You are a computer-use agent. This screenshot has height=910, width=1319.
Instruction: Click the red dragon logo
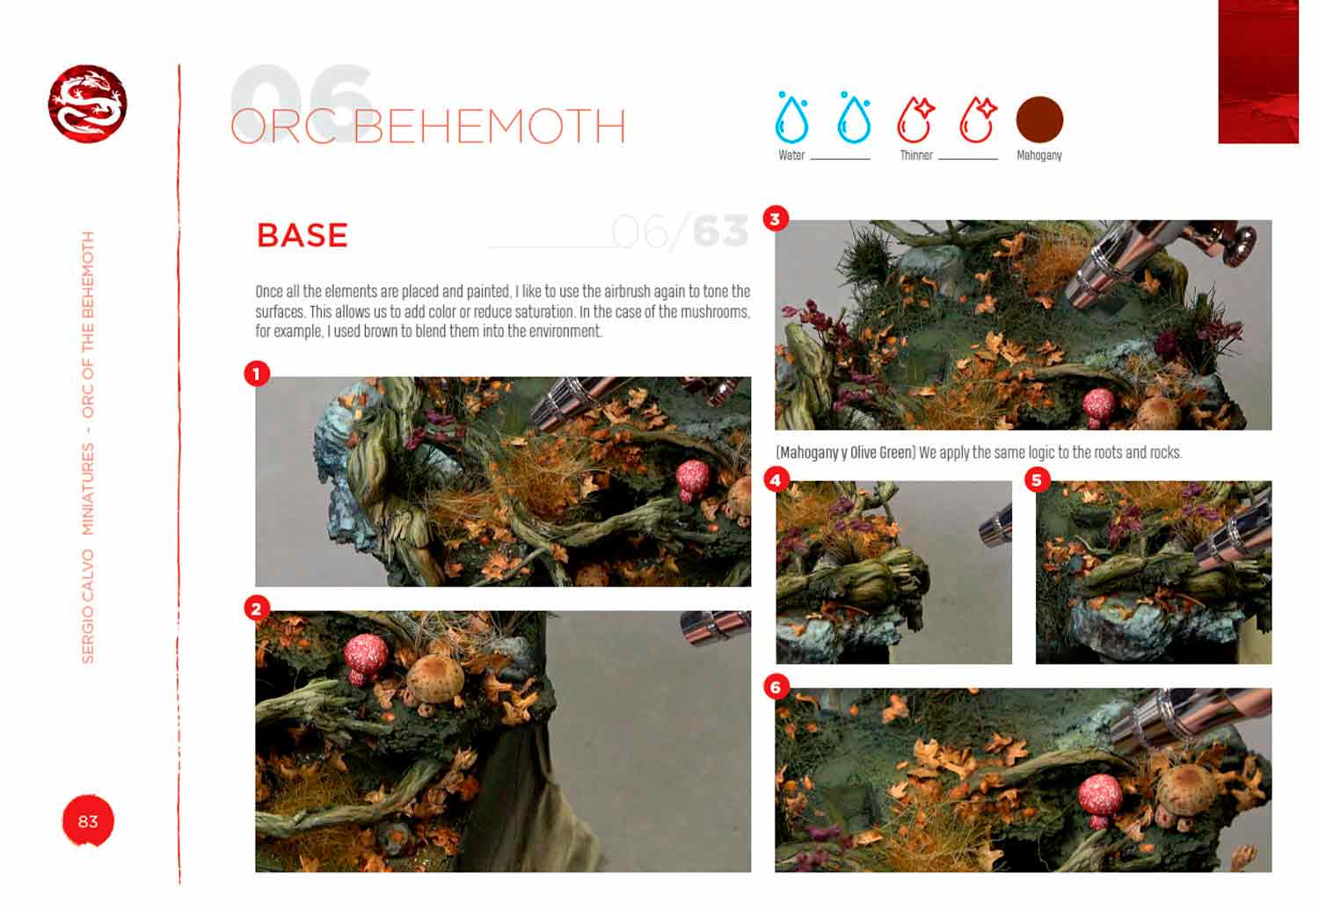[87, 103]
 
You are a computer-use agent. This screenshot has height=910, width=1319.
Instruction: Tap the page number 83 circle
[88, 821]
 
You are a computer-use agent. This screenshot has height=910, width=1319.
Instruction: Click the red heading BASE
[302, 236]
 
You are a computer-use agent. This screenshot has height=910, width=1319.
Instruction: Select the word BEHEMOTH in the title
[489, 127]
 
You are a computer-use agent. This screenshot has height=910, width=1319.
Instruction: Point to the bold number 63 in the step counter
[720, 232]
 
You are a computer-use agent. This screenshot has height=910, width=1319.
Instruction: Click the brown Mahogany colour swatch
[1039, 120]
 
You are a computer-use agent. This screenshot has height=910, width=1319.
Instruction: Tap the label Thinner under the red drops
[915, 156]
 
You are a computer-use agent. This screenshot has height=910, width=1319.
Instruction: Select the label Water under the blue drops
[791, 156]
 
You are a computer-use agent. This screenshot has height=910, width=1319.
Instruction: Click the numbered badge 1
[256, 375]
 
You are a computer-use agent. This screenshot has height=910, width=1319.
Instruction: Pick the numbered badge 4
[776, 480]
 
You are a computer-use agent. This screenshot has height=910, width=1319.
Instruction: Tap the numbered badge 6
[776, 687]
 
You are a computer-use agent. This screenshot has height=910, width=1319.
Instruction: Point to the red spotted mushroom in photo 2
[365, 655]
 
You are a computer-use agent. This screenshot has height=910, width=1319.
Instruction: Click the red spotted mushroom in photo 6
[1098, 799]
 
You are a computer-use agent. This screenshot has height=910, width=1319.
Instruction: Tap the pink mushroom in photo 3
[1097, 404]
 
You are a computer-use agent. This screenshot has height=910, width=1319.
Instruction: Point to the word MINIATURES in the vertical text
[88, 489]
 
